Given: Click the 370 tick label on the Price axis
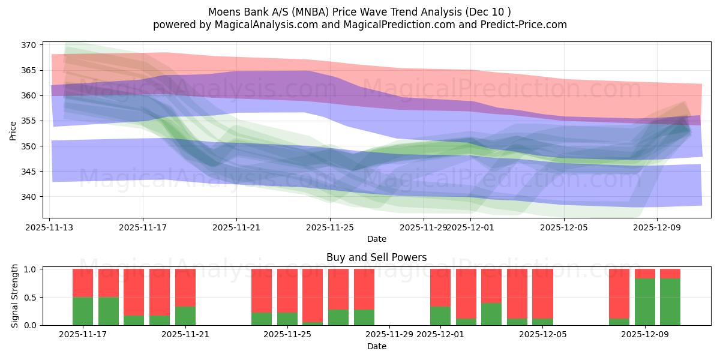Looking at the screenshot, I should point(30,45).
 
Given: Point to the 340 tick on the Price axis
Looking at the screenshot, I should point(30,197).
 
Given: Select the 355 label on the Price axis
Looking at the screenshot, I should point(30,121).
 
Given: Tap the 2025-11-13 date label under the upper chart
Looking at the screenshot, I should point(50,227).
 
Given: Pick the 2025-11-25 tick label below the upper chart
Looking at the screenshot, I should point(330,227).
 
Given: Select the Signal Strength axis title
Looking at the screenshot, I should point(15,296).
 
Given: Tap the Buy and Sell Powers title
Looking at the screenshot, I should point(376,257).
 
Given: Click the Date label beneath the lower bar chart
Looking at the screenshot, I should point(376,346).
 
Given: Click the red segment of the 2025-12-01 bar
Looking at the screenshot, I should point(440,287).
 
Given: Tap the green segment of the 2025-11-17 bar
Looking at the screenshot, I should point(83,311).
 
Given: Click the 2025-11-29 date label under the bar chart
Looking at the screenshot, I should point(390,334).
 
